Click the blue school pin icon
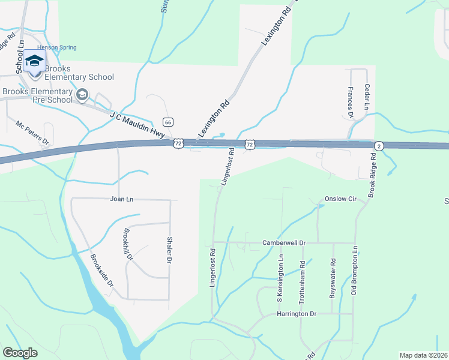35,62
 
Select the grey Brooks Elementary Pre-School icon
82,94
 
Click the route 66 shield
168,122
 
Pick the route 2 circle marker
379,146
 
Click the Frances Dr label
351,98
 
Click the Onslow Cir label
340,199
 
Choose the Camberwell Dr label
284,243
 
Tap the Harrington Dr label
297,314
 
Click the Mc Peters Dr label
32,133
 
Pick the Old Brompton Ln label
354,271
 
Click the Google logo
20,353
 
